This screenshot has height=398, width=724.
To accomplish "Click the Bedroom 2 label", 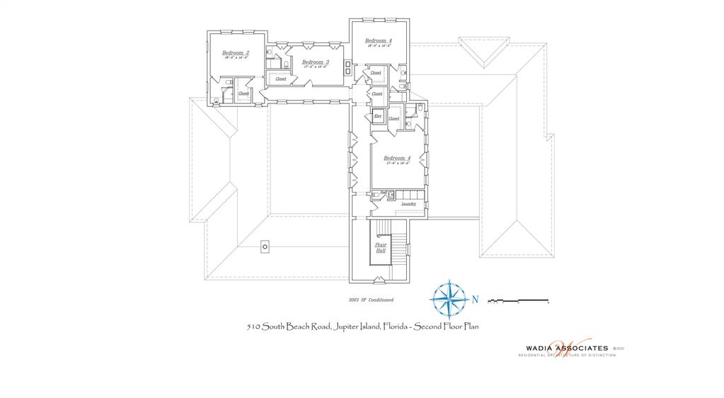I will coord(234,53).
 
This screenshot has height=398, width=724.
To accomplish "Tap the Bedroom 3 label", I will coord(315,62).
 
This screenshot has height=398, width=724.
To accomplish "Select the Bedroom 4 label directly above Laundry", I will coord(396,158).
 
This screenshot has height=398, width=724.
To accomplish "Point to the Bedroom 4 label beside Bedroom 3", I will coord(378,41).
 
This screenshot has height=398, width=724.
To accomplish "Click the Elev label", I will coord(378,115).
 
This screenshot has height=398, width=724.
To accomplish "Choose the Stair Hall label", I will coord(380,247).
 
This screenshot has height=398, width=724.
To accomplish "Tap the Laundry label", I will coord(408,204).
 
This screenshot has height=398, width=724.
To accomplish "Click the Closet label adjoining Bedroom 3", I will coord(281,79).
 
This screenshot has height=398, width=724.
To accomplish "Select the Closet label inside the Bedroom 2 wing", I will coord(243,93).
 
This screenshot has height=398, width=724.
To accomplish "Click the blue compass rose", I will coord(447,298).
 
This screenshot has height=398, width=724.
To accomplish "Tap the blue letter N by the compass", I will coord(475,300).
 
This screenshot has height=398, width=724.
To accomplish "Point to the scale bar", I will coord(519,301).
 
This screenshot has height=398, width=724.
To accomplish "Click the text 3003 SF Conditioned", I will coord(371,300).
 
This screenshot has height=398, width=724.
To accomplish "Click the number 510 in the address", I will coord(254,326).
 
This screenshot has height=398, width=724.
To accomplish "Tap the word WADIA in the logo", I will coord(542,348).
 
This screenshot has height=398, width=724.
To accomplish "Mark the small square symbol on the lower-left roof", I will coord(265,246).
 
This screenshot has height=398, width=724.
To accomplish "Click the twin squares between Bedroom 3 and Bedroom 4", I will coord(347,68).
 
